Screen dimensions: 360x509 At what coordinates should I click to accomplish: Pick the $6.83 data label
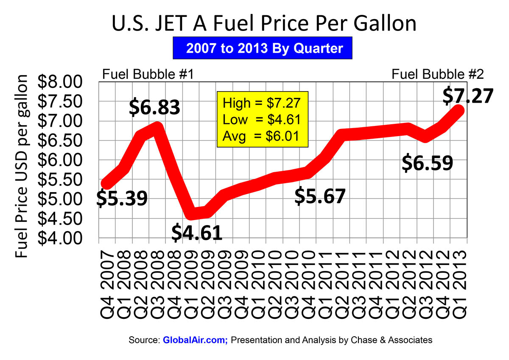tap(155, 108)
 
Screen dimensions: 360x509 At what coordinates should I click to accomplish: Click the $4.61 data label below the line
tap(197, 232)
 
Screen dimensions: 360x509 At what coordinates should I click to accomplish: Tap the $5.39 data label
tap(122, 198)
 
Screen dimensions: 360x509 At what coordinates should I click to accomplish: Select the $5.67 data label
tap(320, 195)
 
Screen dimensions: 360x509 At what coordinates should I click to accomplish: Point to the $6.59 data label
tap(428, 163)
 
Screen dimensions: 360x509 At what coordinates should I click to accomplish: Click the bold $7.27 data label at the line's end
tap(467, 95)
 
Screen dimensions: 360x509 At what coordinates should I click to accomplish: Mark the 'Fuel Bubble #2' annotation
tap(438, 75)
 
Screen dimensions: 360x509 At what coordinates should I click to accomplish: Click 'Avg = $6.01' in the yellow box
tap(262, 137)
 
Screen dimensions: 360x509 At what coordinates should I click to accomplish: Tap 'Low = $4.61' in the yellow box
tap(262, 120)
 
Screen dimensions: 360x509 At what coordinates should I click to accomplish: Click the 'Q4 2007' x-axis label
tap(107, 282)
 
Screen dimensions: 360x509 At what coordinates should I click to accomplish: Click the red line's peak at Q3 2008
tap(157, 127)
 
